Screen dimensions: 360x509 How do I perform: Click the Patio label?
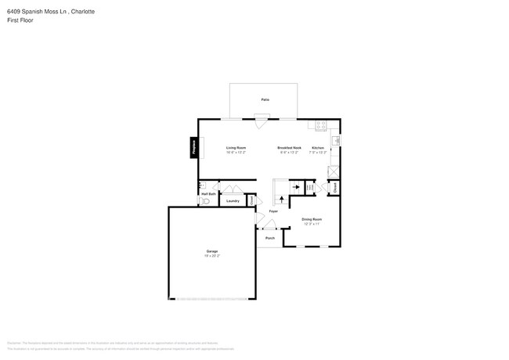pos(265,100)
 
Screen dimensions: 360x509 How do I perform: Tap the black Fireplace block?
pos(192,148)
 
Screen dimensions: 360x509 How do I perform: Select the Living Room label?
pos(236,147)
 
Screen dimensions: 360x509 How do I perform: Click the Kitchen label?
pos(318,147)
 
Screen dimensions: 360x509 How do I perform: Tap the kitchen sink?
pos(334,141)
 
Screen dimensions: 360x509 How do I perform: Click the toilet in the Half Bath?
pos(205,201)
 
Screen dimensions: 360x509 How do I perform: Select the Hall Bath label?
pos(208,193)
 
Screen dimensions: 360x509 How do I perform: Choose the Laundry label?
pos(233,201)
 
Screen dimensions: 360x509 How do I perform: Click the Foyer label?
pos(273,211)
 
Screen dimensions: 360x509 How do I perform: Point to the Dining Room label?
pos(312,219)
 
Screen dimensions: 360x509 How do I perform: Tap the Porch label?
pos(270,238)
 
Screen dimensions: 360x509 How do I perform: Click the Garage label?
pos(211,251)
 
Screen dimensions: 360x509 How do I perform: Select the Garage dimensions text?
pos(211,256)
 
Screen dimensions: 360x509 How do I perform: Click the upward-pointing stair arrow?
pos(282,200)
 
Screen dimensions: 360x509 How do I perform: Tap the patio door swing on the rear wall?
pos(261,121)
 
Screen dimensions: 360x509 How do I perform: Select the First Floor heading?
pos(20,20)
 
